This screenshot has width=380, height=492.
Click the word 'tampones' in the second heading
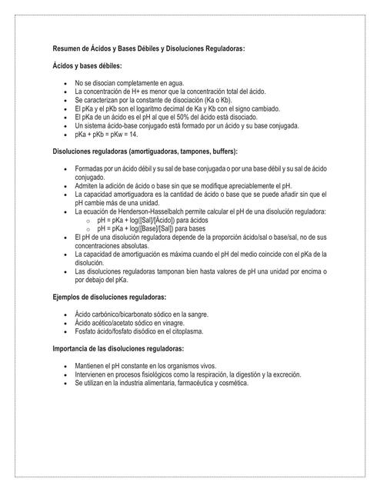pyautogui.click(x=190, y=151)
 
